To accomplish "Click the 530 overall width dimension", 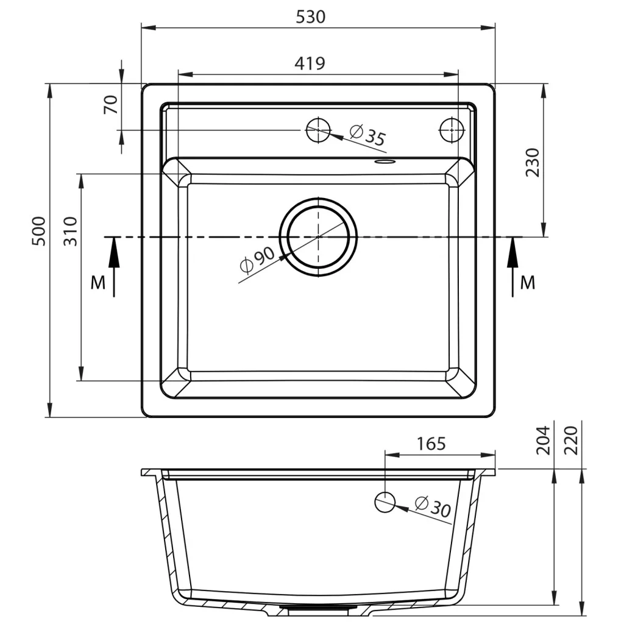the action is tap(310, 16).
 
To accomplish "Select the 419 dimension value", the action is tap(310, 63).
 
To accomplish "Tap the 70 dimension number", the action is tap(111, 105).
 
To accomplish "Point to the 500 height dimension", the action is tap(39, 231).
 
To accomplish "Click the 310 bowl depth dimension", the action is tap(71, 231).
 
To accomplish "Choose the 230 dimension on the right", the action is tap(533, 162).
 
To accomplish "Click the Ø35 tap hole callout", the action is tap(367, 135).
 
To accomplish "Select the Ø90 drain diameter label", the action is tap(258, 260).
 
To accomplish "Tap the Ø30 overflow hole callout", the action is tap(433, 506).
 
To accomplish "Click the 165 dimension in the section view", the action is tap(431, 444).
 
